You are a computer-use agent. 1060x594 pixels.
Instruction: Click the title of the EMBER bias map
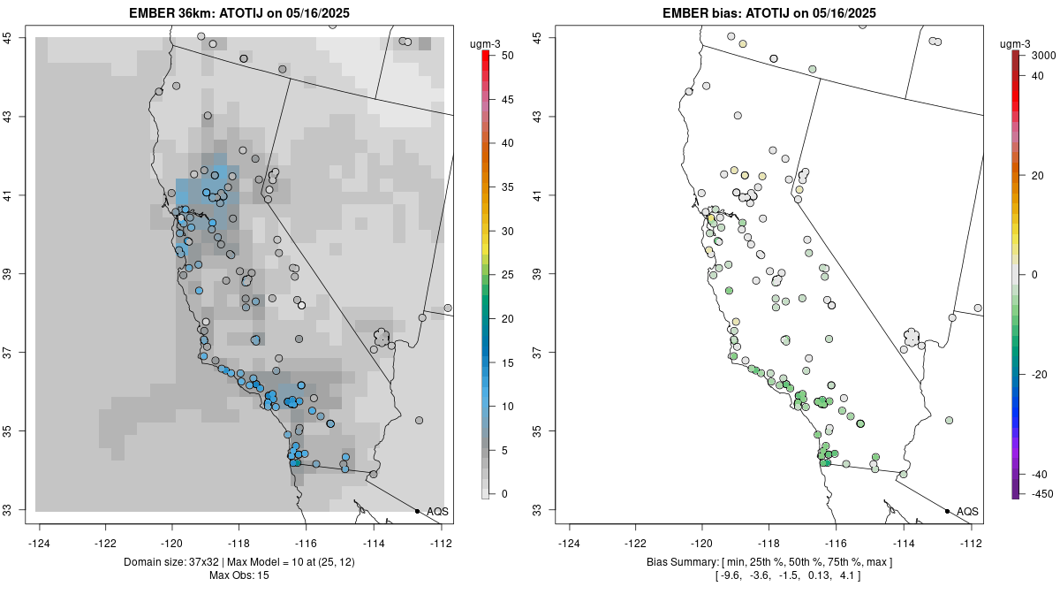770,13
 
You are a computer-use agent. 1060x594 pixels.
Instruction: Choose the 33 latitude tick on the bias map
537,510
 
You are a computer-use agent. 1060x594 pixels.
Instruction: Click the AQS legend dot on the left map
417,511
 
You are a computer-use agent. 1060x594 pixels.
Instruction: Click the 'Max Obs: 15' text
241,575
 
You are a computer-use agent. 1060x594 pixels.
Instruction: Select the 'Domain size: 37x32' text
163,562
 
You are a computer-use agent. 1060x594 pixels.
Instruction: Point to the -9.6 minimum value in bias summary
727,575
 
